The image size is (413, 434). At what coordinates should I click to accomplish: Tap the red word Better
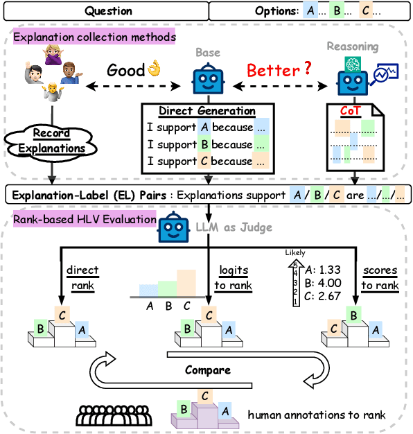268,70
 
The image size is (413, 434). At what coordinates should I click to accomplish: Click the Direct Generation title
206,111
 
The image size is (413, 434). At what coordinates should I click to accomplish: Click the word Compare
206,370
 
